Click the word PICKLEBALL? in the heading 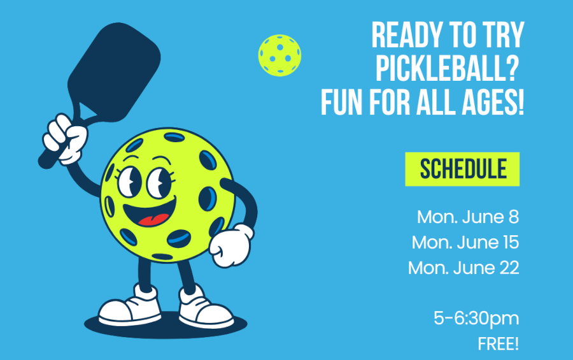pyautogui.click(x=448, y=68)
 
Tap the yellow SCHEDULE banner pyautogui.click(x=462, y=169)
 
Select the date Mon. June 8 pyautogui.click(x=468, y=217)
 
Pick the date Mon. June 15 pyautogui.click(x=465, y=242)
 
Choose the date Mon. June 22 pyautogui.click(x=463, y=268)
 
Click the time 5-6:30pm pyautogui.click(x=476, y=319)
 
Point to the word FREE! pyautogui.click(x=498, y=344)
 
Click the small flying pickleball pyautogui.click(x=279, y=55)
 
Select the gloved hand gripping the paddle pyautogui.click(x=65, y=139)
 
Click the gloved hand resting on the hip pyautogui.click(x=231, y=245)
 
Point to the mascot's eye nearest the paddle pyautogui.click(x=130, y=181)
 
